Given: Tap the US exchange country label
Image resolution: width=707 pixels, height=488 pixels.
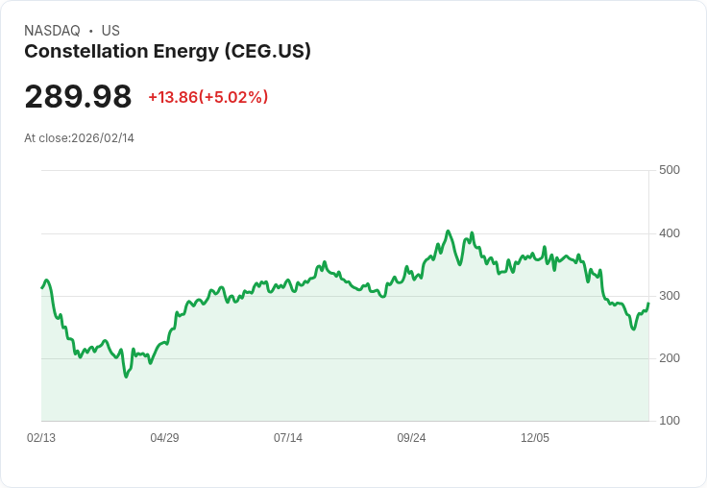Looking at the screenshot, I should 110,31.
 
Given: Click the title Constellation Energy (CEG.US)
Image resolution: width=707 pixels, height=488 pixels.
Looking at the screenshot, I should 167,52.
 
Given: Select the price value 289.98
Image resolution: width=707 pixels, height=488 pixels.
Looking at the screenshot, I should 78,97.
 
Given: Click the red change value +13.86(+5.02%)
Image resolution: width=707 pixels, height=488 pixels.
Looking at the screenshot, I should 207,97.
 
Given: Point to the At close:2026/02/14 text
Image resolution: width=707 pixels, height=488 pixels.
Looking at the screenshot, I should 79,138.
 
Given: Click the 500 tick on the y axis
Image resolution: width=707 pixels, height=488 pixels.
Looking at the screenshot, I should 669,170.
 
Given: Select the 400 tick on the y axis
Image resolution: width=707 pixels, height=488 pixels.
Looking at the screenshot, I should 669,233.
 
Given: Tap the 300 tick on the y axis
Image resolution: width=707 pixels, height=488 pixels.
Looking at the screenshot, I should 669,296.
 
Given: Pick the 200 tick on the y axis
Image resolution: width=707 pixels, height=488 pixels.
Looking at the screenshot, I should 669,358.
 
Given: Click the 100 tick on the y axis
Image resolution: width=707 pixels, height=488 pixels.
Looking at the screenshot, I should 669,421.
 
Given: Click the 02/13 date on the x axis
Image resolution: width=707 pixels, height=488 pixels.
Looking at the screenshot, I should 41,438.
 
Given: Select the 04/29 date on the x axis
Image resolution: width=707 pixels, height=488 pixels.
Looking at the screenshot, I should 164,438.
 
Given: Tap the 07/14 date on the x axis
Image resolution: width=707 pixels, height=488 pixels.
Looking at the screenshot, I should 288,438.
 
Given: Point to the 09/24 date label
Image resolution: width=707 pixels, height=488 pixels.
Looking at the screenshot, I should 411,438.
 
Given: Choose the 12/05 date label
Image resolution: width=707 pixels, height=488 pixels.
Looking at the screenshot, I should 535,438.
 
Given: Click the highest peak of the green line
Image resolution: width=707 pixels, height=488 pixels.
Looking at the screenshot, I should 448,232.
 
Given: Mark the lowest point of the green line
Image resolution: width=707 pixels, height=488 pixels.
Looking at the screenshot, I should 126,377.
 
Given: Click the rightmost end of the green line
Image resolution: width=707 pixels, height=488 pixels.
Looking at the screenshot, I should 648,304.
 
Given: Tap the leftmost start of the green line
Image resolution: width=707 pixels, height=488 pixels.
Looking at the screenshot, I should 41,287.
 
